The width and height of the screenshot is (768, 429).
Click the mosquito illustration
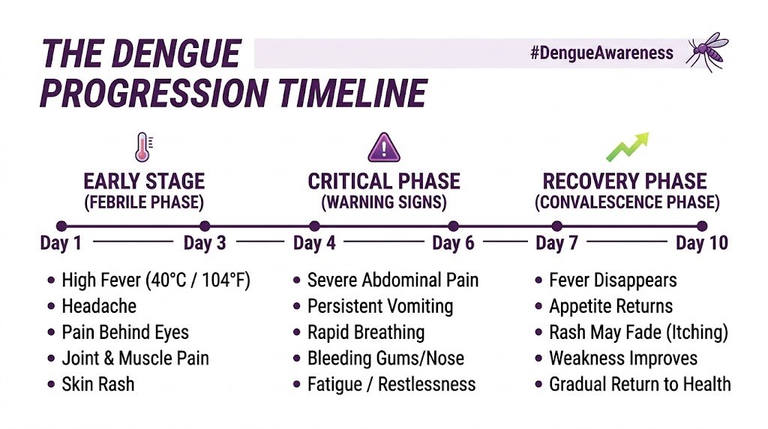pyautogui.click(x=706, y=51)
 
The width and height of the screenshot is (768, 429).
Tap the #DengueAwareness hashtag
pyautogui.click(x=601, y=54)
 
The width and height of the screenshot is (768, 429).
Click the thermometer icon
pyautogui.click(x=142, y=147)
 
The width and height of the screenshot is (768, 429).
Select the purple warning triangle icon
pyautogui.click(x=383, y=147)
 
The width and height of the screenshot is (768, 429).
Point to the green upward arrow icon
pyautogui.click(x=626, y=147)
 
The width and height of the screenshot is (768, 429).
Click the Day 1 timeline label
pyautogui.click(x=61, y=243)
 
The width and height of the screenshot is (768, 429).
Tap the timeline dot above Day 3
pyautogui.click(x=205, y=226)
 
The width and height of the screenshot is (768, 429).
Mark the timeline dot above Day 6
pyautogui.click(x=453, y=226)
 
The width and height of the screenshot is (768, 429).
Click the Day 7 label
pyautogui.click(x=556, y=243)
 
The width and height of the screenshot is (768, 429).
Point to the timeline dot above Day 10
pyautogui.click(x=702, y=226)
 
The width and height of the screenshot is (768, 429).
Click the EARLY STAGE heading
pyautogui.click(x=144, y=181)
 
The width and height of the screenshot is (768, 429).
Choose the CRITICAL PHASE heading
pyautogui.click(x=384, y=181)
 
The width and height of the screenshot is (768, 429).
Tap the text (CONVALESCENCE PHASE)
pyautogui.click(x=627, y=202)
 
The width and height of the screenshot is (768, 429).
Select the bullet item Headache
pyautogui.click(x=99, y=306)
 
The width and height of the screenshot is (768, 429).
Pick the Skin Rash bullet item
pyautogui.click(x=98, y=384)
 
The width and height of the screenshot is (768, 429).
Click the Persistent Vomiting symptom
pyautogui.click(x=380, y=306)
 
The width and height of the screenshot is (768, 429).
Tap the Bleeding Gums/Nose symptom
pyautogui.click(x=385, y=358)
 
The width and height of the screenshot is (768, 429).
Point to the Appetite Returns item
pyautogui.click(x=610, y=306)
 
